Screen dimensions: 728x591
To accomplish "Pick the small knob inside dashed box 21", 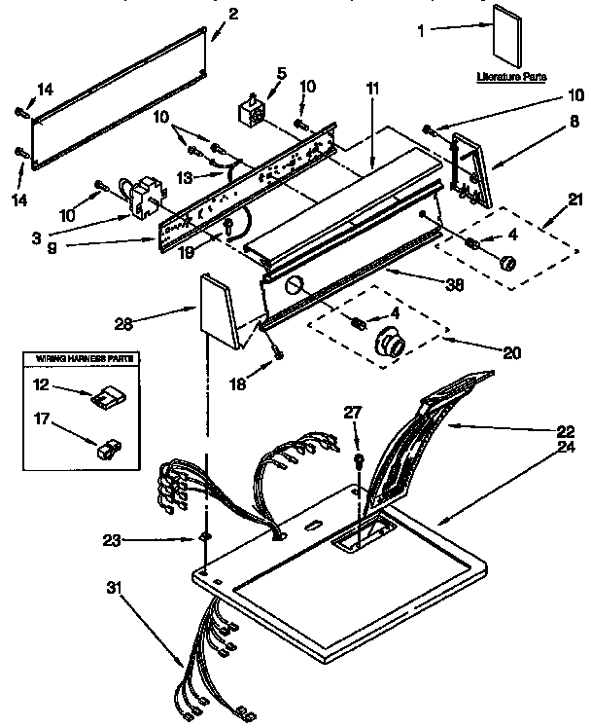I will click(505, 262).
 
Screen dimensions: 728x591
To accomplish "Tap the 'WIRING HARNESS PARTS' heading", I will click(79, 359).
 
